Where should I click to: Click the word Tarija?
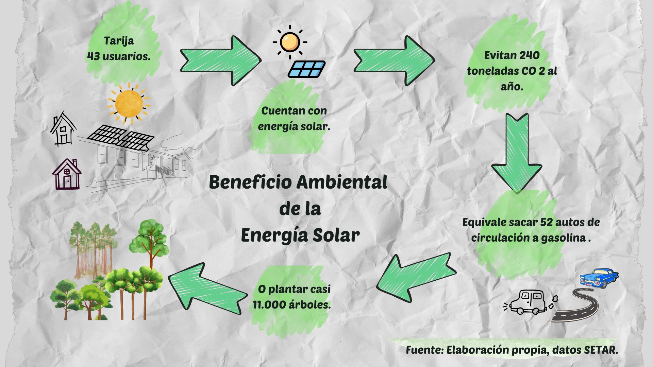tap(119, 41)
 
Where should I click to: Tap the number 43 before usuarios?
tap(93, 56)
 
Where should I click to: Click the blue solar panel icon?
tap(306, 69)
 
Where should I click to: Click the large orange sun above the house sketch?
tap(129, 103)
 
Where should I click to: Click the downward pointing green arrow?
tap(516, 153)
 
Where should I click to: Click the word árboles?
tap(309, 304)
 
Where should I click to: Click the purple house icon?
tap(67, 174)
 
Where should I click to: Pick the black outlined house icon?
tap(64, 129)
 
